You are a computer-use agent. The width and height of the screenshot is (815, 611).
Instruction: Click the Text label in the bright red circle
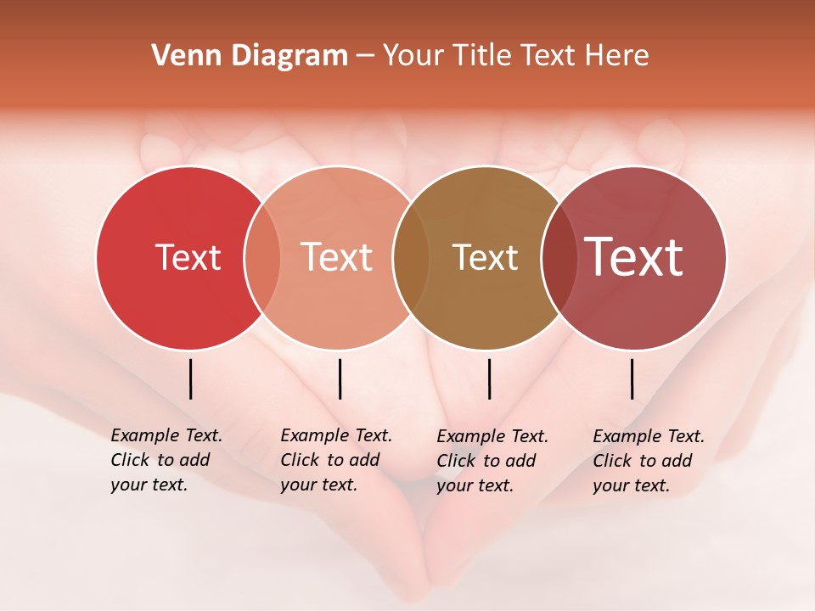[x=188, y=257]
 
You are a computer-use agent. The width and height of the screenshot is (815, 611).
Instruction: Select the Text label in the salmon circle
[x=337, y=257]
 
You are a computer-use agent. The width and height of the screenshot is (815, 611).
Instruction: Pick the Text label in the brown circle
[x=485, y=257]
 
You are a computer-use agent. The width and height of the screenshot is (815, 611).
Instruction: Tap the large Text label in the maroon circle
[x=634, y=257]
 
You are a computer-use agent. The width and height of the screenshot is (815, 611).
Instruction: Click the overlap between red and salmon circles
[x=262, y=257]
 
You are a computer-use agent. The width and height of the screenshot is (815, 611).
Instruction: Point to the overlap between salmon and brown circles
[x=411, y=257]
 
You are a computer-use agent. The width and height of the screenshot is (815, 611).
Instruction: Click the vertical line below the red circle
[x=190, y=378]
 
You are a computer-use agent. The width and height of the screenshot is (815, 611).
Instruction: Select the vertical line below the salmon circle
[x=340, y=378]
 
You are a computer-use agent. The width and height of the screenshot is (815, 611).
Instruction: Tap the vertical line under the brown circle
[x=489, y=378]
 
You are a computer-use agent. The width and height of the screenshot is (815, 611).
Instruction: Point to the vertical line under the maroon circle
[x=632, y=378]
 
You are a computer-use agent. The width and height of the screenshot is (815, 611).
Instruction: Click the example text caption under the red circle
[x=166, y=460]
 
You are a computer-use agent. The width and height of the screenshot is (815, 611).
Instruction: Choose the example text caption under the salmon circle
[x=335, y=460]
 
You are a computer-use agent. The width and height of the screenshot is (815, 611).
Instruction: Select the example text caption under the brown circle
[x=492, y=461]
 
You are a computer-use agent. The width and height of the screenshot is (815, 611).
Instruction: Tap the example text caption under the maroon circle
[x=648, y=461]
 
